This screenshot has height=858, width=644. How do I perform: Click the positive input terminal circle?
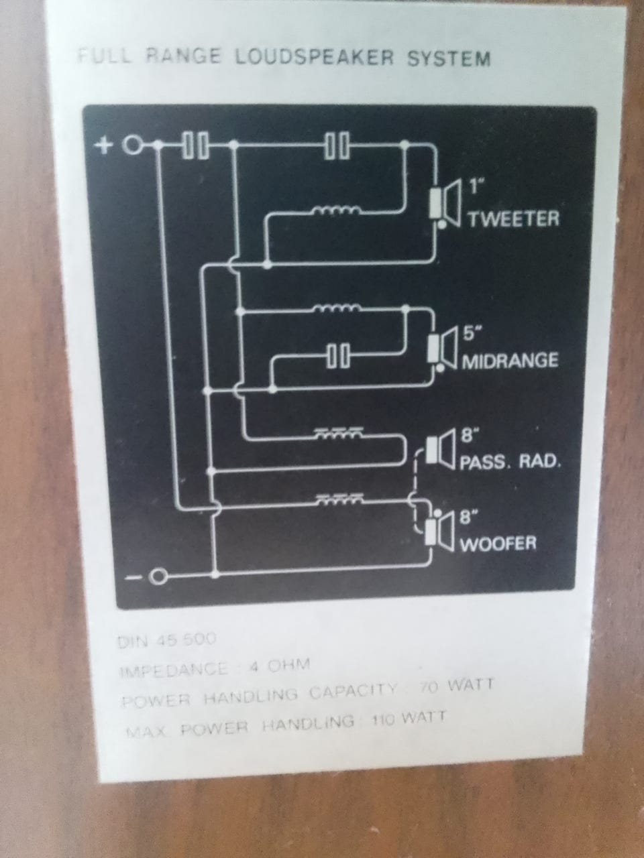tap(134, 145)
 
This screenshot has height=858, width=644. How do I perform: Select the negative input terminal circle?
tap(158, 576)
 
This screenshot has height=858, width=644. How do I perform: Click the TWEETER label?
tap(513, 219)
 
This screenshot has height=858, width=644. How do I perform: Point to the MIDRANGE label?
tap(510, 361)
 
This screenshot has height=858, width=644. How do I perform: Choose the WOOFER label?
tap(498, 542)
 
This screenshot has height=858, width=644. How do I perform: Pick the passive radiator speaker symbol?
tap(441, 446)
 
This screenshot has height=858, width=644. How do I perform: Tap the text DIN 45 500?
tap(167, 641)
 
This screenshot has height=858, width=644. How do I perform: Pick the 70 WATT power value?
tap(456, 686)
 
